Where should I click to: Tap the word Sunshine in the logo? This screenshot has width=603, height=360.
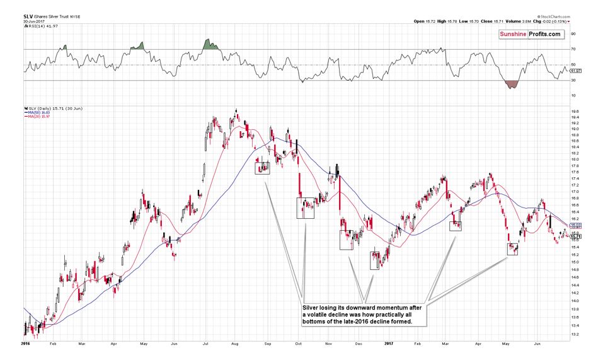[514, 34]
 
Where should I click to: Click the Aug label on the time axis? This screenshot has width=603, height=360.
[235, 344]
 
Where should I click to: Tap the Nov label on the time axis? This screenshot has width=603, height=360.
[328, 344]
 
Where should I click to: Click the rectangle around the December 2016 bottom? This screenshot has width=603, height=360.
[375, 260]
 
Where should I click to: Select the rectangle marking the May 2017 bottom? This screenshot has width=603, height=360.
[512, 248]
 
